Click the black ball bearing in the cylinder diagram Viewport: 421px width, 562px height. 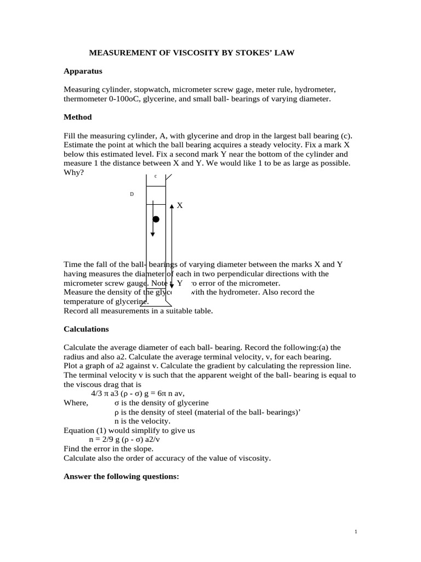coord(156,219)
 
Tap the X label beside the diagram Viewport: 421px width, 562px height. coord(180,205)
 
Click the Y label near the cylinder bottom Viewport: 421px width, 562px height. coord(179,283)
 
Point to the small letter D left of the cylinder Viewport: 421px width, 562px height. coord(132,194)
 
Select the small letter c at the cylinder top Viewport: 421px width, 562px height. coord(155,176)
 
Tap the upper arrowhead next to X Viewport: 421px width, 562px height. coord(172,206)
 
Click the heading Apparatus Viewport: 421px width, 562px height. coord(83,71)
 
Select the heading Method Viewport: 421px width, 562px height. coord(78,117)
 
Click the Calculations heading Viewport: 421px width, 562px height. coord(86,329)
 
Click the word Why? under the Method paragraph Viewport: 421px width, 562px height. coord(74,173)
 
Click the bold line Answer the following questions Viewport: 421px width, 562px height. coord(121,476)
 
